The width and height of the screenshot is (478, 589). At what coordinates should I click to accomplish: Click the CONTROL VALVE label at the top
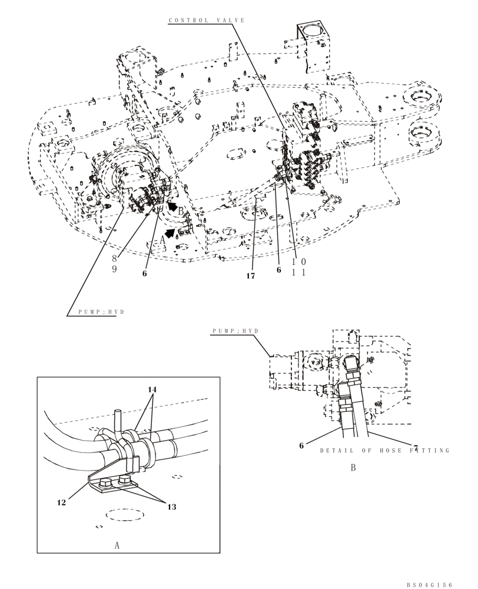click(207, 21)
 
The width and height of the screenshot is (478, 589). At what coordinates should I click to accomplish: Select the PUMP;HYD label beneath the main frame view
click(102, 312)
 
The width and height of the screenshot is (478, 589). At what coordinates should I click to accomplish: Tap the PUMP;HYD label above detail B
click(235, 332)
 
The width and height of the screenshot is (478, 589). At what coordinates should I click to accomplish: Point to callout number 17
click(251, 276)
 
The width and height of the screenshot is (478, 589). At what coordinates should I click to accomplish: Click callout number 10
click(298, 262)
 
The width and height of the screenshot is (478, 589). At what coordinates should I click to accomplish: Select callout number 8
click(114, 258)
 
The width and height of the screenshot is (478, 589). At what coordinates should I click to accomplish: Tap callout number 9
click(114, 269)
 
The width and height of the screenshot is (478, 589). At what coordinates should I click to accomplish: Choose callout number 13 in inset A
click(171, 506)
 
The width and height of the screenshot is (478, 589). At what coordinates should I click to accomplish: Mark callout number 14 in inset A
click(152, 390)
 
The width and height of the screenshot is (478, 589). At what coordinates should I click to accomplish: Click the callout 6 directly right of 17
click(279, 270)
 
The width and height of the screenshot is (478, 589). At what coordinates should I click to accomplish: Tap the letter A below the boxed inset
click(117, 545)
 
